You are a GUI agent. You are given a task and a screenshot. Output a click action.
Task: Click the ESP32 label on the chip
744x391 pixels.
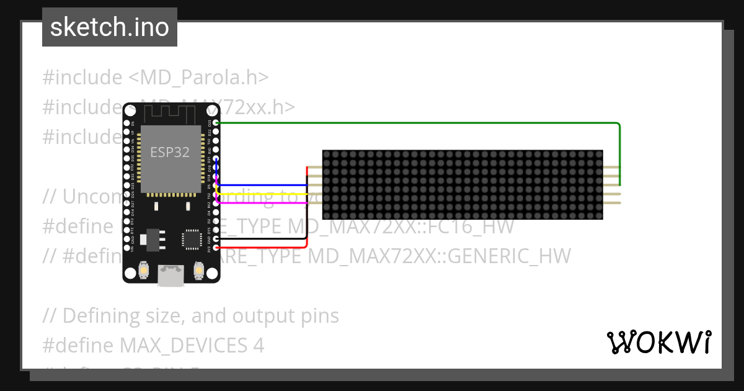[170, 151]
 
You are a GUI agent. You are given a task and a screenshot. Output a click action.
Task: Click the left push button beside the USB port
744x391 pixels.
[144, 271]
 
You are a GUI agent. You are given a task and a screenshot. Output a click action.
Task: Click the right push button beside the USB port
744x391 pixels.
[199, 271]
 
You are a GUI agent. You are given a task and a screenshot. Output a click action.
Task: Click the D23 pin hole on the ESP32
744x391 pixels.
[216, 123]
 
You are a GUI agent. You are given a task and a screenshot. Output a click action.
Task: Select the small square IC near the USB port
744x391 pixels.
[191, 239]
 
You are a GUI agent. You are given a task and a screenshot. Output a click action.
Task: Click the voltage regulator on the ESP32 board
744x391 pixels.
[151, 239]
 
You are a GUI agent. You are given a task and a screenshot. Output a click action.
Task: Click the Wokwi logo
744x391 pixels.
[658, 342]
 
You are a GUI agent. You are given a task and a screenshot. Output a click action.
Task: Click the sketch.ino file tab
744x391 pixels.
[110, 27]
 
